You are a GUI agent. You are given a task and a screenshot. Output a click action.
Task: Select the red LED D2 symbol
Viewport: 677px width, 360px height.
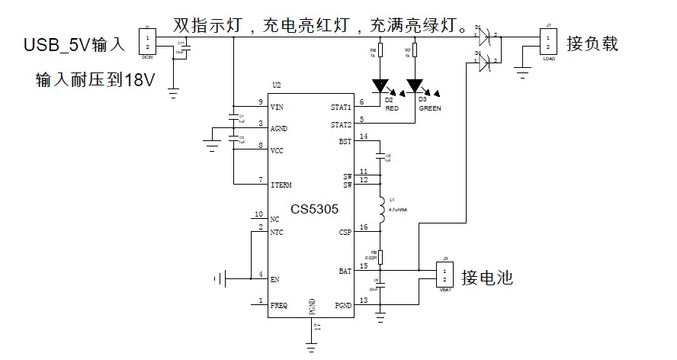coord(380,86)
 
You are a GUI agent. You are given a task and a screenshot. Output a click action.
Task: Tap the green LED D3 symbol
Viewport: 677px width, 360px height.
coord(415,86)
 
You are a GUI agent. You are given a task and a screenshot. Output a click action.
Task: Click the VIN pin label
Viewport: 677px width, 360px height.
coord(278,108)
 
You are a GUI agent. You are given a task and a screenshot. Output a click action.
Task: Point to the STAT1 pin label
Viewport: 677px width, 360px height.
coord(341,108)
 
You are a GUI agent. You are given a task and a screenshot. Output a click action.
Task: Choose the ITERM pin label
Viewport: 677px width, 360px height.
coord(281,185)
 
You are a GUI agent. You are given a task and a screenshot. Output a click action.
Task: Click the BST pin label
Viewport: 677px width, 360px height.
coord(345,142)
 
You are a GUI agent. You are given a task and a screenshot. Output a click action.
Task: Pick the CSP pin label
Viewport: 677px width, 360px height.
coord(345,233)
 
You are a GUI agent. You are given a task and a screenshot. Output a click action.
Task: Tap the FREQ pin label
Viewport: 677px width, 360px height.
coord(279,305)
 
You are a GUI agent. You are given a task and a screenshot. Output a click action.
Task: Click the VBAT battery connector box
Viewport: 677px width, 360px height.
coord(444,275)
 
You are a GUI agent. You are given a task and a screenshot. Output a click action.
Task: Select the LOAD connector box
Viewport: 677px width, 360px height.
coord(547,40)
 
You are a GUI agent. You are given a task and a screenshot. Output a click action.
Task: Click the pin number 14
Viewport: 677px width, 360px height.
coord(363,137)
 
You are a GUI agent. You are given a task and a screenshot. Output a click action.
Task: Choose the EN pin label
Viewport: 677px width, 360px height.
coord(274,280)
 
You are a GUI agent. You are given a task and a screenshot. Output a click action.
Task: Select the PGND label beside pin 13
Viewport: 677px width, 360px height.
coord(342,305)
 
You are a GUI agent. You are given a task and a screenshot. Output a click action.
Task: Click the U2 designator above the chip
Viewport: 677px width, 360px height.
coord(277,85)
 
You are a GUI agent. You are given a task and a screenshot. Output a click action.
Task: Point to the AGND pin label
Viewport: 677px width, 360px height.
coord(278,129)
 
